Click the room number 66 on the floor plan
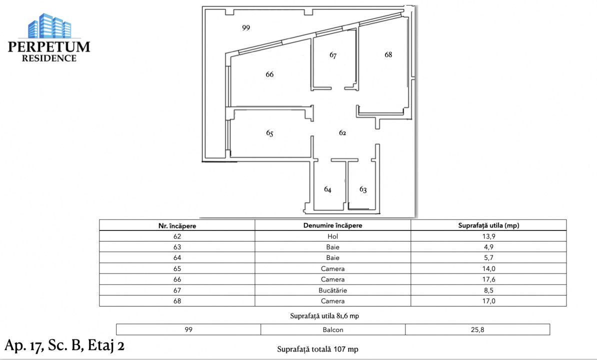point(269,74)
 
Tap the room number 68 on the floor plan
point(388,54)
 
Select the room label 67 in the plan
point(333,55)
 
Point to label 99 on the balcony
point(245,28)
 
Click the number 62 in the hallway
point(342,133)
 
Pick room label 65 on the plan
point(269,133)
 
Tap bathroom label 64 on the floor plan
point(327,189)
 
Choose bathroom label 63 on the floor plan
point(363,189)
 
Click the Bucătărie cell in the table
point(332,290)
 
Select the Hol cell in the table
point(332,236)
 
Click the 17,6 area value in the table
point(488,279)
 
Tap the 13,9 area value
point(488,236)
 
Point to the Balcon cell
point(332,330)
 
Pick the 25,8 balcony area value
point(477,330)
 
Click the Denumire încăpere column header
point(332,225)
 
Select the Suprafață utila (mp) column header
point(488,225)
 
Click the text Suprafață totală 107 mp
point(317,349)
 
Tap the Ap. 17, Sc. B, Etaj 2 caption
point(64,345)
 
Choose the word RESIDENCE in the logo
point(49,58)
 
